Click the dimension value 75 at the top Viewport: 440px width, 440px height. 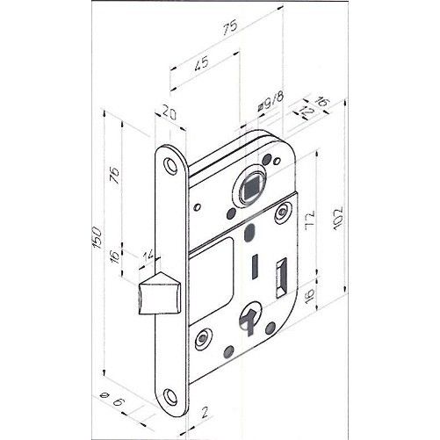pyautogui.click(x=229, y=28)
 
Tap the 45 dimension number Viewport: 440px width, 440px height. pyautogui.click(x=202, y=64)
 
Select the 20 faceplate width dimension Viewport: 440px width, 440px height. pyautogui.click(x=170, y=113)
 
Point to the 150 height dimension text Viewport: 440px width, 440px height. pyautogui.click(x=97, y=237)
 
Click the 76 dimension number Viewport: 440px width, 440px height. pyautogui.click(x=115, y=175)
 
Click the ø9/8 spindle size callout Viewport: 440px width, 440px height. pyautogui.click(x=270, y=102)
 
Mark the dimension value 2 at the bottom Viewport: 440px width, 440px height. pyautogui.click(x=205, y=412)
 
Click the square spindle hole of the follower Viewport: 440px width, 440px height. pyautogui.click(x=249, y=189)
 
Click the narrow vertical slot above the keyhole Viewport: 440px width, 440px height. pyautogui.click(x=255, y=266)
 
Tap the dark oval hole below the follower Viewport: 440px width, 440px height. pyautogui.click(x=249, y=232)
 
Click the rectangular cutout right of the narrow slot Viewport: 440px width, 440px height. pyautogui.click(x=281, y=278)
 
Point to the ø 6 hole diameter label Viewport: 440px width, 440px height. pyautogui.click(x=112, y=399)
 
